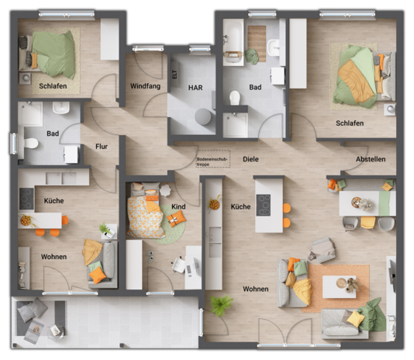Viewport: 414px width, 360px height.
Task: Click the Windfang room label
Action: click(x=145, y=86)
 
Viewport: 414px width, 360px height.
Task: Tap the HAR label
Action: click(x=195, y=88)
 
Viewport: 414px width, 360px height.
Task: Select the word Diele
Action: click(x=250, y=159)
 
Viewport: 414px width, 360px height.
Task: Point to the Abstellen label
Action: click(x=370, y=159)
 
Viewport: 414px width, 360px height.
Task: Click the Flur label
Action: click(x=101, y=146)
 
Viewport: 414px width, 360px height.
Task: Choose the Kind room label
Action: click(x=178, y=207)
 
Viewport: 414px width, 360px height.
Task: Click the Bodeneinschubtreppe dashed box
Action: click(x=212, y=158)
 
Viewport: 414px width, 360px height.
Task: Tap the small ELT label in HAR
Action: click(x=174, y=74)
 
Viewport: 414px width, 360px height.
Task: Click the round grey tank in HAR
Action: click(x=203, y=117)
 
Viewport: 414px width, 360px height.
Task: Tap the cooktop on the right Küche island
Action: click(x=264, y=205)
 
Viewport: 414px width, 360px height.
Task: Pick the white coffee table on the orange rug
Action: click(x=339, y=286)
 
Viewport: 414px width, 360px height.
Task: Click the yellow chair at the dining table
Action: click(x=367, y=223)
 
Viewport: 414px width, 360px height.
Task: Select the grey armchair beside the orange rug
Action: click(x=322, y=249)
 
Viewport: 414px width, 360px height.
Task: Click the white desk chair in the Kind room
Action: click(x=178, y=265)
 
